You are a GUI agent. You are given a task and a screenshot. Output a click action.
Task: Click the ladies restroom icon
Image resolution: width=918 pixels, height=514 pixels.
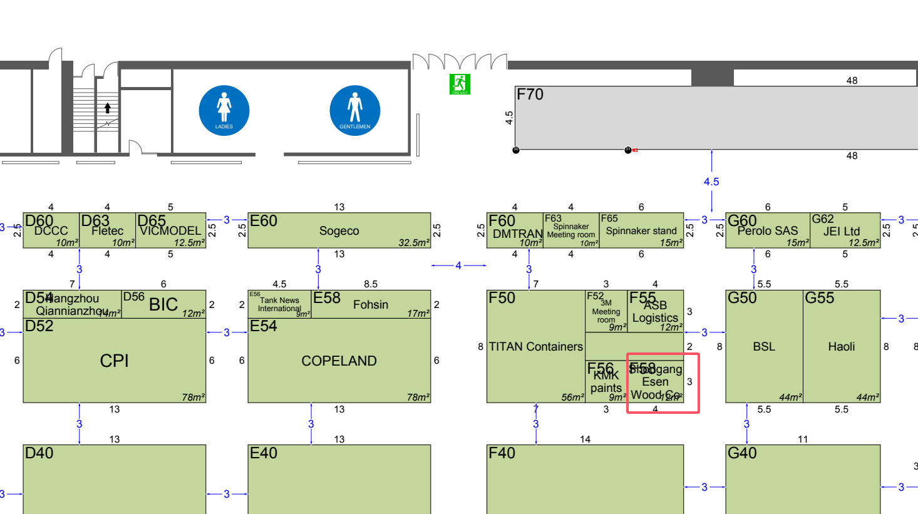(224, 110)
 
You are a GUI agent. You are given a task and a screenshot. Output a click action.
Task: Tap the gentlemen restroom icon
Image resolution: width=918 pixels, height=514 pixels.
(354, 110)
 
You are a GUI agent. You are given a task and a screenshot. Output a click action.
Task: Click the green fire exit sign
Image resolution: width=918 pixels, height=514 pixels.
(460, 84)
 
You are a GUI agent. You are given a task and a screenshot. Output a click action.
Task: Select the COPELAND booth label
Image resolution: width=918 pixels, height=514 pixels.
(339, 361)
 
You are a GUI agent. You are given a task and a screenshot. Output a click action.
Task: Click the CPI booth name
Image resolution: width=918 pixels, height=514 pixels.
(114, 361)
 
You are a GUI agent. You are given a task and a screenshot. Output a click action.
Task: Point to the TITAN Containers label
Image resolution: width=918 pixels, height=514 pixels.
(535, 347)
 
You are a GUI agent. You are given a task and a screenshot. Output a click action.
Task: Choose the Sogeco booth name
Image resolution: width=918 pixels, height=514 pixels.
(339, 231)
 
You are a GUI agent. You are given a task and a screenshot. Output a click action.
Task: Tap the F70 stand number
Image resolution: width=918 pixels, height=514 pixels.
(530, 95)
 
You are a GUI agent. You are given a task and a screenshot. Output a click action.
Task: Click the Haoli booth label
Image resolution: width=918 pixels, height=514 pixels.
(841, 347)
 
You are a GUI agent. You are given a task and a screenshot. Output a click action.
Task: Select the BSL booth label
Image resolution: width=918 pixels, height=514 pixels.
(764, 347)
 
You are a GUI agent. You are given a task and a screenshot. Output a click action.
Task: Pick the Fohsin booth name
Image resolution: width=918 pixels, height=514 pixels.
(371, 305)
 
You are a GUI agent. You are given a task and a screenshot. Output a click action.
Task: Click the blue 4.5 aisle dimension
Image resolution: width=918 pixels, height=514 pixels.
(711, 182)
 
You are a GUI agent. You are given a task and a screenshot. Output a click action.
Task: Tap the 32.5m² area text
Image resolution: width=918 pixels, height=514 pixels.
(414, 243)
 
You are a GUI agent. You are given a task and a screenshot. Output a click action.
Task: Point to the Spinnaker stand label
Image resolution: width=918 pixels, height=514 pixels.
(641, 231)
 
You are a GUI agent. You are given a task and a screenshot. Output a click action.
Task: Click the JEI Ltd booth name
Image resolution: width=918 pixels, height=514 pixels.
(842, 231)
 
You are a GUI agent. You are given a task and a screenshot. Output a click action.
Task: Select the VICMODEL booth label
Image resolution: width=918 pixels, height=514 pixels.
(170, 231)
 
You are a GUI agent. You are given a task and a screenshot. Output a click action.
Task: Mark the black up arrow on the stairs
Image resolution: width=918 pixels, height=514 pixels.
(108, 108)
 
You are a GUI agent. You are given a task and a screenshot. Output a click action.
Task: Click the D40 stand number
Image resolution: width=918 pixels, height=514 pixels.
(39, 453)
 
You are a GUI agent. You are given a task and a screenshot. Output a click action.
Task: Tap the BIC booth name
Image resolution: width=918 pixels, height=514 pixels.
(163, 304)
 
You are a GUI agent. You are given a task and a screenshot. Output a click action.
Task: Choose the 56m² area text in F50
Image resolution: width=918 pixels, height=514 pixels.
(572, 397)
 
